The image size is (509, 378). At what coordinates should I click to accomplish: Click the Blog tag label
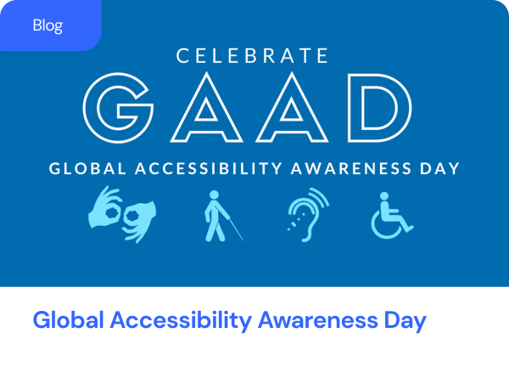pos(48,25)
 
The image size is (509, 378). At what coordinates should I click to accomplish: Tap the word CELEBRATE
pos(252,55)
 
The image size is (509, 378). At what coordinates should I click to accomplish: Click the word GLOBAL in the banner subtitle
pos(87,168)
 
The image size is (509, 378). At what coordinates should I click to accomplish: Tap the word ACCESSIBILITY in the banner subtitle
pos(209,168)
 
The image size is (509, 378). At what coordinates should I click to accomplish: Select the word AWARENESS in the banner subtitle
pos(351,168)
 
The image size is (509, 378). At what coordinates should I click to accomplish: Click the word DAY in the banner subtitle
pos(439,168)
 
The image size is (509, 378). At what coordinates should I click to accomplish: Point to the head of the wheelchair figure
pos(384,196)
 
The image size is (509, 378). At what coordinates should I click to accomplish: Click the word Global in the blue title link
pos(69,320)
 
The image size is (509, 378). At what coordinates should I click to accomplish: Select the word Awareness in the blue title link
pos(318,320)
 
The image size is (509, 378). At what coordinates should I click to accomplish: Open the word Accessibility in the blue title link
pos(181,320)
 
